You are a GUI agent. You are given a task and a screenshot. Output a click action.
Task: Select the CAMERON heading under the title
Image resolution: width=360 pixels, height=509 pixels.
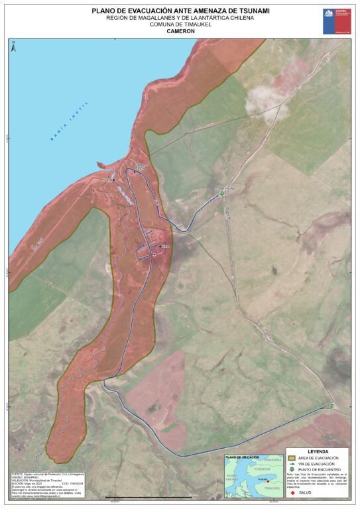coord(180,31)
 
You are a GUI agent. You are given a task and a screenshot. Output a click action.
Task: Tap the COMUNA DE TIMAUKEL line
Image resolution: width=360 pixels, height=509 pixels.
coord(180,25)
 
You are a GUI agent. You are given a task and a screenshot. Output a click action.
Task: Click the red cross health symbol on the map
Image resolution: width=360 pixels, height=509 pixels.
coord(154,254)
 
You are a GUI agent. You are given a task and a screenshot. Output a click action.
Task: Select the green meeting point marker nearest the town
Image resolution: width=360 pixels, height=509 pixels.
coord(222,194)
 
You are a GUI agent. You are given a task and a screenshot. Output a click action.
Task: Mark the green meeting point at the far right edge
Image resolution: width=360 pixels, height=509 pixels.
coord(331,406)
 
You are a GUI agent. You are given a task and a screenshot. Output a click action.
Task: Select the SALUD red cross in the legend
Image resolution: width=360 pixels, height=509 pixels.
coord(293,492)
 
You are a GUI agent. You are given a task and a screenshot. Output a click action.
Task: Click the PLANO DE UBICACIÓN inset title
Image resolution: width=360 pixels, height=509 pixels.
coord(241,457)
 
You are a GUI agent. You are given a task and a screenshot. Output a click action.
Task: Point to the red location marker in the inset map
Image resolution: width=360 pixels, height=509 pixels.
coord(268,482)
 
